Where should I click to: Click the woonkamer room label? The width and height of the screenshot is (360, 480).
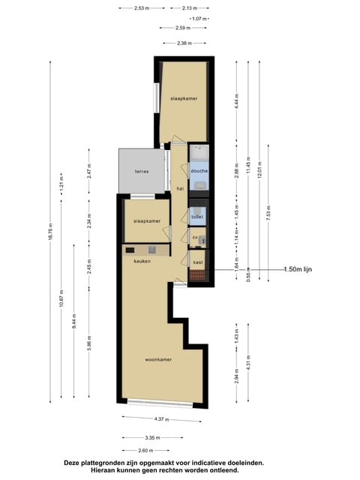pos(158,359)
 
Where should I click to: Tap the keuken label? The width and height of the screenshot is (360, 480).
pos(142,261)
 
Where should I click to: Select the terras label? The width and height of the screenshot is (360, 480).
pos(142,172)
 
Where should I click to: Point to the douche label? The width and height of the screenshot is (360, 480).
pos(199,171)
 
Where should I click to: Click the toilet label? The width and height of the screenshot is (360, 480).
pos(197,217)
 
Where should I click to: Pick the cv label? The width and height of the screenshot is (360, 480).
pos(194,237)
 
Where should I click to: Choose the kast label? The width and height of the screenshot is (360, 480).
pos(198,262)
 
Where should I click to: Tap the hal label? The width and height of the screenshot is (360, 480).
pos(180,189)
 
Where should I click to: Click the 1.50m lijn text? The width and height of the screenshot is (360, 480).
pos(298,269)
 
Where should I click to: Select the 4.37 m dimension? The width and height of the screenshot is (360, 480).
pos(162,419)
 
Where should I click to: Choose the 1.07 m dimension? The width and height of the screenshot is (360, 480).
pos(199,18)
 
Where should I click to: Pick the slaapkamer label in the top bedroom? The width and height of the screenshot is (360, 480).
pos(184,98)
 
